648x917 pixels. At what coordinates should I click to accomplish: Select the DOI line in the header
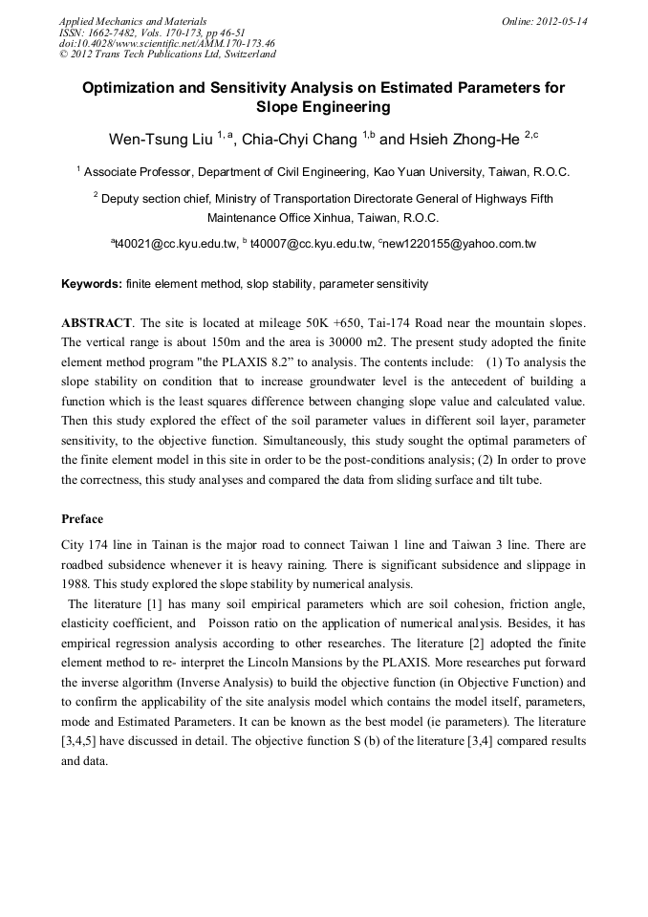pyautogui.click(x=167, y=44)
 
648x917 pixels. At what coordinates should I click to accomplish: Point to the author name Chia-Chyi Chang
pyautogui.click(x=299, y=140)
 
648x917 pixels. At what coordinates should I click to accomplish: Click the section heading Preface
pyautogui.click(x=82, y=519)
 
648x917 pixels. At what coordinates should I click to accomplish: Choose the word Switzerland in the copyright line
pyautogui.click(x=244, y=55)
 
